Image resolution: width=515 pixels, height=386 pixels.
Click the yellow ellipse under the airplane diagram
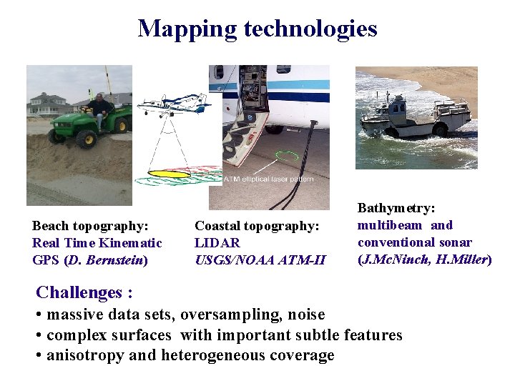coord(170,174)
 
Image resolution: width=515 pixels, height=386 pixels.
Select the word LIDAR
coord(217,243)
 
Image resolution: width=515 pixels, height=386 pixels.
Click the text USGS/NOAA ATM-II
coord(260,260)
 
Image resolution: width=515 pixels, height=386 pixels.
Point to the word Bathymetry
coord(396,208)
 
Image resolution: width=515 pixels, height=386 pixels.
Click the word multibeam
coord(390,225)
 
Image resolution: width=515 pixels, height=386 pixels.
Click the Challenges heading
coord(84,292)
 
